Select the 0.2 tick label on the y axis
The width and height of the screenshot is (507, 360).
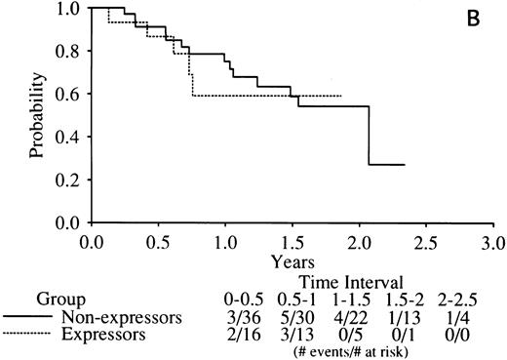[71, 180]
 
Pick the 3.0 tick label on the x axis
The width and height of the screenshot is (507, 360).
[492, 242]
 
